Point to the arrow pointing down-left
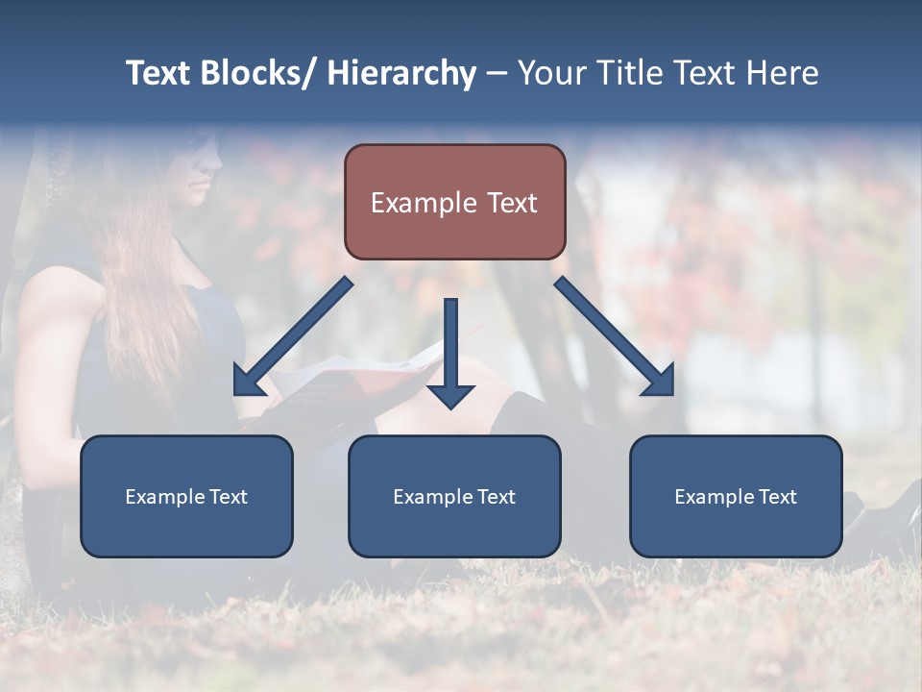tap(293, 336)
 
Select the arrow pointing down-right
tap(615, 336)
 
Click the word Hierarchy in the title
tap(401, 73)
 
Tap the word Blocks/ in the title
tap(255, 73)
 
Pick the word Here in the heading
tap(784, 73)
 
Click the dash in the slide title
tap(497, 73)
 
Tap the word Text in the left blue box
tap(229, 497)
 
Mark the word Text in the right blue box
tap(778, 497)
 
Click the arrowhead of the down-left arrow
tap(248, 383)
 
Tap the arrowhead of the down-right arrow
tap(660, 383)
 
